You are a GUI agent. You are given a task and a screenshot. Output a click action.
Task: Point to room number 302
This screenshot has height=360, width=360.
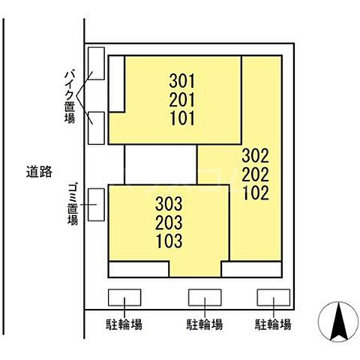pyautogui.click(x=255, y=156)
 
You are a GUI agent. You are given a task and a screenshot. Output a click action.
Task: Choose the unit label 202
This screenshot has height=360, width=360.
pyautogui.click(x=255, y=174)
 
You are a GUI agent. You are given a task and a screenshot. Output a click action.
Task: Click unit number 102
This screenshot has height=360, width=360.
pyautogui.click(x=255, y=192)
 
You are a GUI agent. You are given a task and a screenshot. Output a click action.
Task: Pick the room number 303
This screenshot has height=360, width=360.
pyautogui.click(x=169, y=203)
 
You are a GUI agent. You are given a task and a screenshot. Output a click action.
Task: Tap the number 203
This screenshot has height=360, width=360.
pyautogui.click(x=169, y=223)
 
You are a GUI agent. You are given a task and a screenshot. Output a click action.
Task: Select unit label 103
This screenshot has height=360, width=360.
pyautogui.click(x=169, y=241)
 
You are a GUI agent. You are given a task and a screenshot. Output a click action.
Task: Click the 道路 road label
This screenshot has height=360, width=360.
pyautogui.click(x=37, y=172)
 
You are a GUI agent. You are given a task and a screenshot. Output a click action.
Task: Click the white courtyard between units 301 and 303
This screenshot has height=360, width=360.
pyautogui.click(x=160, y=163)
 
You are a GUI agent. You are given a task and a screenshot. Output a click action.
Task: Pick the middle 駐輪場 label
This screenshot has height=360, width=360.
pyautogui.click(x=204, y=325)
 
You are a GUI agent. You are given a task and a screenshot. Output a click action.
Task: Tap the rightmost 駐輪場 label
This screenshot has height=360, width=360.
pyautogui.click(x=273, y=325)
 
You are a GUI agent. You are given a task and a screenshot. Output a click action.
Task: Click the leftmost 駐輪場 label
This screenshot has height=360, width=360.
pyautogui.click(x=124, y=325)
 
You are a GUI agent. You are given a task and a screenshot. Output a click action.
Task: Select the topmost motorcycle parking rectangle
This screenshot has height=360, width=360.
pyautogui.click(x=95, y=63)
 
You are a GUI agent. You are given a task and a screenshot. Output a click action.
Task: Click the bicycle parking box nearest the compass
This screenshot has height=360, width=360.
pyautogui.click(x=273, y=297)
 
